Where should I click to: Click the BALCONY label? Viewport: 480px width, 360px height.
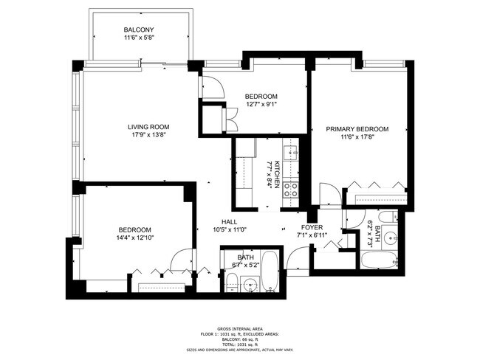[138, 30]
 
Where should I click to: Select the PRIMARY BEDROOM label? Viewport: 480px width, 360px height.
[357, 128]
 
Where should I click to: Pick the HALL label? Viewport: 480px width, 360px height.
[230, 221]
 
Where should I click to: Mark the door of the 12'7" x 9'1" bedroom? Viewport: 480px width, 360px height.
[214, 89]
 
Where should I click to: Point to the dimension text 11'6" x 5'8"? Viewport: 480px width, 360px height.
[138, 38]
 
